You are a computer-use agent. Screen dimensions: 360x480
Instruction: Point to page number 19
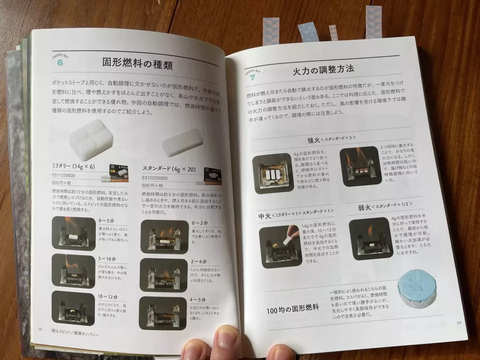tap(459, 323)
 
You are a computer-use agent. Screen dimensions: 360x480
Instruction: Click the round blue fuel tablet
tap(414, 291)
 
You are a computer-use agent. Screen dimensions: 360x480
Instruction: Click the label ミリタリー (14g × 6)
tap(74, 166)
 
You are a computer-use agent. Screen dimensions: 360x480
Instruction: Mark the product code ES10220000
tap(155, 178)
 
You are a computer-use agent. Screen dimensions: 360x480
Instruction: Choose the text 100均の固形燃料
tap(292, 309)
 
